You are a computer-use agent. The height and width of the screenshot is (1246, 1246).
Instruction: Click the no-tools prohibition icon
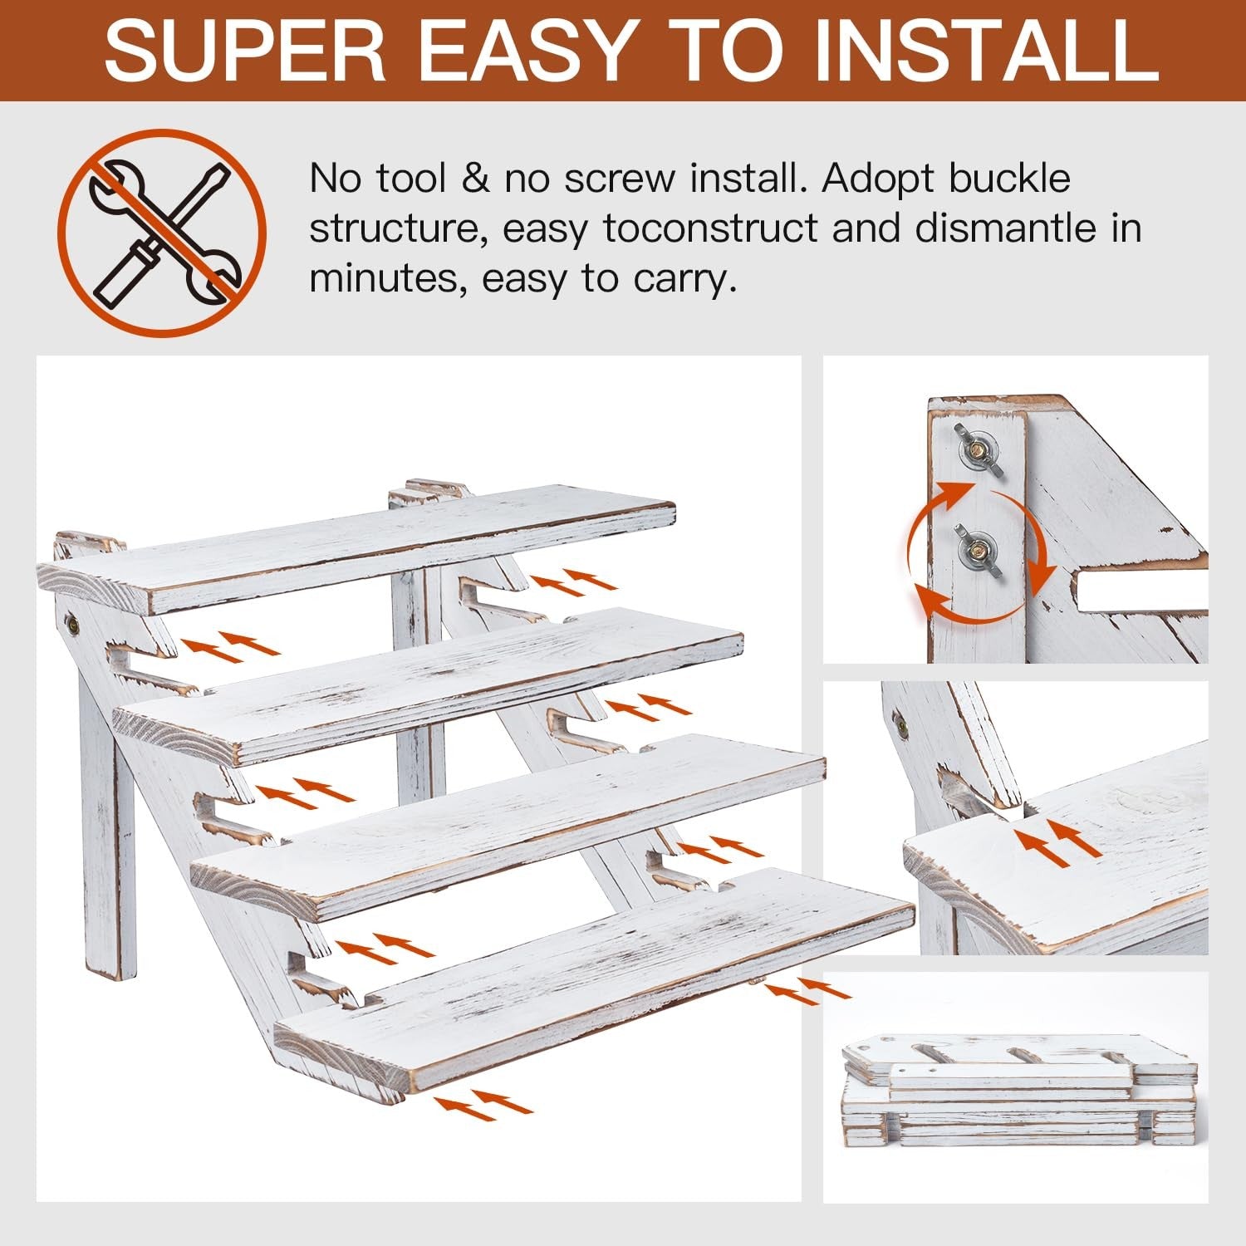tap(162, 233)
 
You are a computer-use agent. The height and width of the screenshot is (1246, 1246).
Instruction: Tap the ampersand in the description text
tap(476, 179)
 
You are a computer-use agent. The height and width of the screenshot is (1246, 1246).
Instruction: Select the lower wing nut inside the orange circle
tap(978, 548)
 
